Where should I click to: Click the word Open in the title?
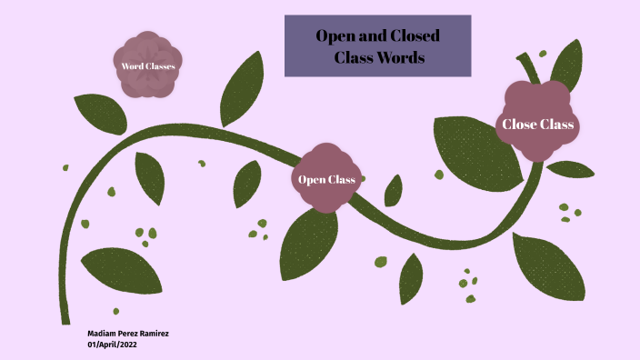tap(335, 36)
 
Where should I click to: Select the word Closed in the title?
tap(415, 36)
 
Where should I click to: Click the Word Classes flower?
tap(148, 65)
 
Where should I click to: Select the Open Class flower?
tap(326, 178)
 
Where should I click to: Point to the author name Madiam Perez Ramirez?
tap(128, 334)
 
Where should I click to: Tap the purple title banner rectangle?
tap(377, 45)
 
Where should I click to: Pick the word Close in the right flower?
tap(519, 125)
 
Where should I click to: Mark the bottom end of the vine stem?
tap(65, 320)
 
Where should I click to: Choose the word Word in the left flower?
tap(133, 65)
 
